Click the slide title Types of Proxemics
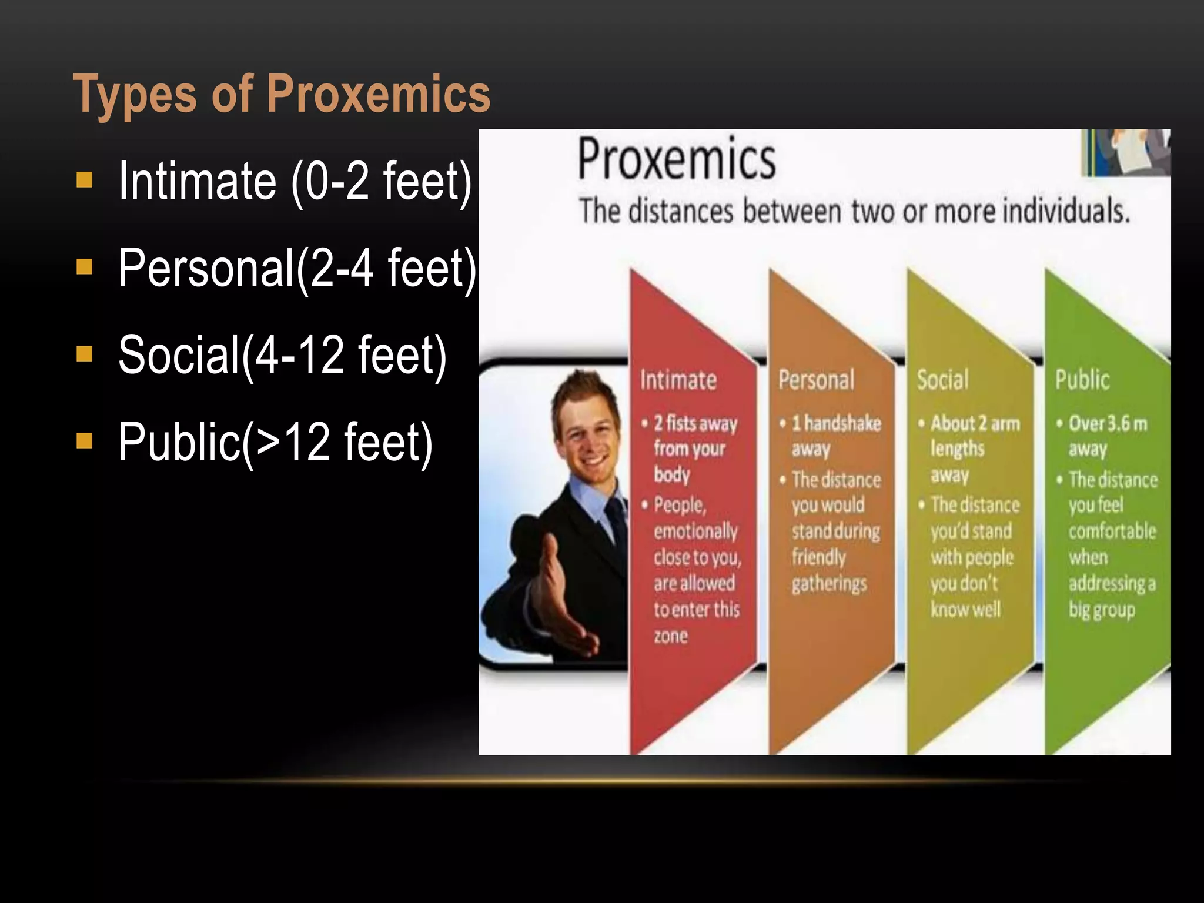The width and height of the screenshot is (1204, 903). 282,94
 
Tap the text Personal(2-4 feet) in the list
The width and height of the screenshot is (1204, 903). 297,268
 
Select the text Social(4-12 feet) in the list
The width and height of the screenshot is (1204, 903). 282,354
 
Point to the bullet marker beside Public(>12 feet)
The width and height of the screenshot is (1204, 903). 85,440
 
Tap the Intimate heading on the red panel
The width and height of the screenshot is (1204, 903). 678,380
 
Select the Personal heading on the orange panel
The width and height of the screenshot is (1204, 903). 816,380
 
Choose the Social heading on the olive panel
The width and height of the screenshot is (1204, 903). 942,380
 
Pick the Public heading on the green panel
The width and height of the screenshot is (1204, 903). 1082,380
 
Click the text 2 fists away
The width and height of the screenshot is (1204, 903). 695,423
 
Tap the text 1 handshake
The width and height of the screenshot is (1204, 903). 836,423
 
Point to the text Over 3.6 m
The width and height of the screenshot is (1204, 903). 1108,423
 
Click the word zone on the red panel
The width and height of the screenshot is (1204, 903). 671,636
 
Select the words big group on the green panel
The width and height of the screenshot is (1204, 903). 1101,610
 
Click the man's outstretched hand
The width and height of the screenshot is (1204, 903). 564,611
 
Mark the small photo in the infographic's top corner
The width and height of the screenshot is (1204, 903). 1126,152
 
